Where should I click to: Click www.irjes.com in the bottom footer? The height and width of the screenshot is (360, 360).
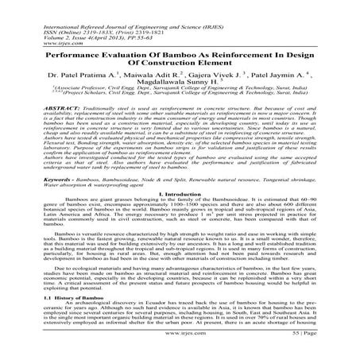click(x=180, y=346)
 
